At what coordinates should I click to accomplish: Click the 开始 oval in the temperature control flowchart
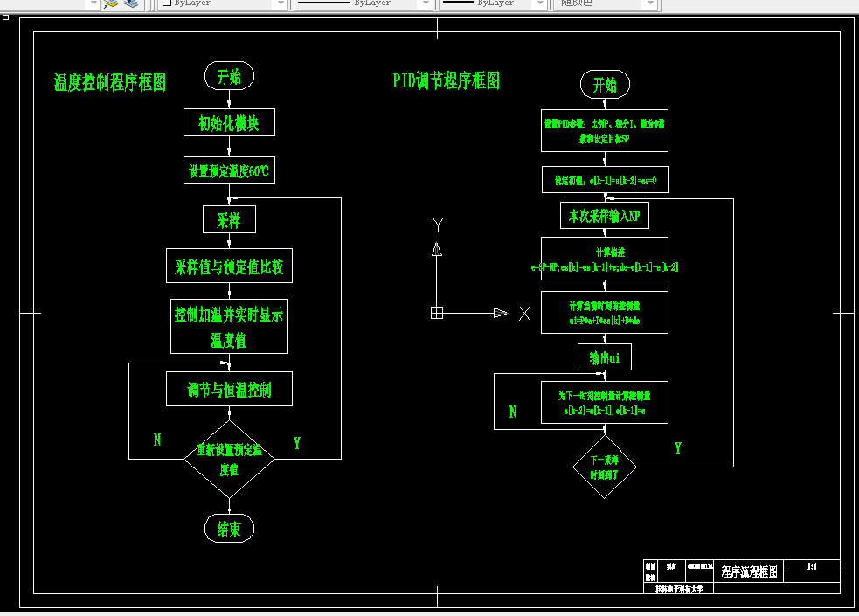pos(229,76)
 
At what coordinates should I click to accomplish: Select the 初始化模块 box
pos(229,122)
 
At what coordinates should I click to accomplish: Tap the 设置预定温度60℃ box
pos(229,171)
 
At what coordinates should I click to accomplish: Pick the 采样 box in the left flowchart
pos(229,219)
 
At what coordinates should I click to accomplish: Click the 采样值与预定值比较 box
pos(229,266)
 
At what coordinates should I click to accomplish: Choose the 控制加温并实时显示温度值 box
pos(229,327)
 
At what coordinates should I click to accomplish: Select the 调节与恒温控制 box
pos(229,389)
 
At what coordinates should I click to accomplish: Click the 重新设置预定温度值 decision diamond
pos(229,460)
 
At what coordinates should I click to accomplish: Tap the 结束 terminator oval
pos(229,528)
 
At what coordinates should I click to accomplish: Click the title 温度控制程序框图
pos(110,83)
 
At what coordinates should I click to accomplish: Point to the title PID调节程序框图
pos(447,81)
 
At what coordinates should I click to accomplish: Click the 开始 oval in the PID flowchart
pos(605,85)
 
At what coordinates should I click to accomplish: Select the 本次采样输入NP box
pos(605,215)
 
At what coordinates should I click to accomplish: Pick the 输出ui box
pos(605,357)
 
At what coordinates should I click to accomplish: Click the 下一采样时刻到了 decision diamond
pos(605,467)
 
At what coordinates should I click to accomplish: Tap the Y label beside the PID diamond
pos(678,448)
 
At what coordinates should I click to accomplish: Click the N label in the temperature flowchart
pos(157,440)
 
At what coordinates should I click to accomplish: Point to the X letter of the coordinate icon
pos(524,313)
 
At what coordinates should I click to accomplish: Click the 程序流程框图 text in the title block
pos(750,571)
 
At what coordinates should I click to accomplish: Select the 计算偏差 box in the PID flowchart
pos(605,260)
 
